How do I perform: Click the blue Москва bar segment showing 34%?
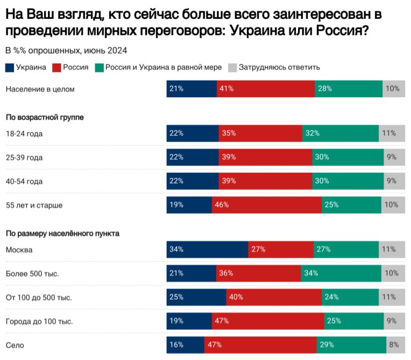207,250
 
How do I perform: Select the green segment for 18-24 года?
340,133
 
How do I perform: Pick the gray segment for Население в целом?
394,89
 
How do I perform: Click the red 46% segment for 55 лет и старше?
266,205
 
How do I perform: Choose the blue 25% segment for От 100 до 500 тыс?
196,297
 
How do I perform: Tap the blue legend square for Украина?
10,68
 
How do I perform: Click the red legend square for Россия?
56,68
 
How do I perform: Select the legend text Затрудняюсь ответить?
279,68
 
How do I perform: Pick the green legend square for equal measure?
99,68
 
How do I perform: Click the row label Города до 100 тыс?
39,321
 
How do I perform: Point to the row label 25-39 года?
24,158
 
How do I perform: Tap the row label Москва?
19,250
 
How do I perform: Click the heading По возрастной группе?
45,117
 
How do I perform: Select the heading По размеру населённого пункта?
62,234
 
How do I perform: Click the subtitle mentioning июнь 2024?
66,51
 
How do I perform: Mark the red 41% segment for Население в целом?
265,89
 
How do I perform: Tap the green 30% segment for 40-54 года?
348,181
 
